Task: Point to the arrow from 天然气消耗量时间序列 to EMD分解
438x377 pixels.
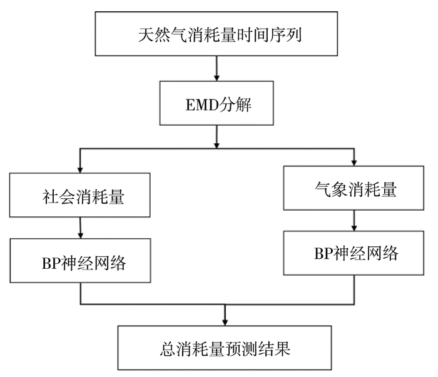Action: [216, 68]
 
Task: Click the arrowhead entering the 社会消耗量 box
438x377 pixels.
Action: [80, 170]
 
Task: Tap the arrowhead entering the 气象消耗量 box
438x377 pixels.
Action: [354, 163]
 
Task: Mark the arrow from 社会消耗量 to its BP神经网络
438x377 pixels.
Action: [81, 228]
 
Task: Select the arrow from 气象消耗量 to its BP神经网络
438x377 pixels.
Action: [354, 221]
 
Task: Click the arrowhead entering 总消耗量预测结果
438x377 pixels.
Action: [225, 323]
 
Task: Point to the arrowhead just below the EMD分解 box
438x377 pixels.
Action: [216, 145]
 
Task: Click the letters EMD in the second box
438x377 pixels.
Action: [202, 105]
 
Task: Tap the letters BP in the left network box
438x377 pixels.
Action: [51, 263]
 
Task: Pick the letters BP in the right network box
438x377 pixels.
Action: [324, 254]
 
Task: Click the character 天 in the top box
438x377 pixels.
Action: [146, 35]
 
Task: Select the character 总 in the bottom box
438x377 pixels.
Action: [168, 348]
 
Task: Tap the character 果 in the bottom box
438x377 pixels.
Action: [282, 348]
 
